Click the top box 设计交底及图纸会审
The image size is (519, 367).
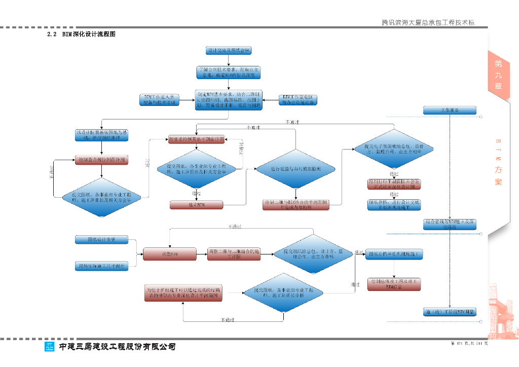coord(229,51)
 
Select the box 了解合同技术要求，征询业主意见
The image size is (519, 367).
coord(229,72)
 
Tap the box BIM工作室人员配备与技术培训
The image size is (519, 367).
coord(160,100)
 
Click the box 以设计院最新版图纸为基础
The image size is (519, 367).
coord(102,135)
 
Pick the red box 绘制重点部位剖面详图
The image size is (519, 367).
coord(102,160)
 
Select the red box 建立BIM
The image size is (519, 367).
coord(197,205)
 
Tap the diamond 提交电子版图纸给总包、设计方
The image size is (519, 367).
coord(394,149)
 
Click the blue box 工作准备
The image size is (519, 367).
coord(450,111)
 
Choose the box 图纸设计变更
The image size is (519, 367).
coord(101,239)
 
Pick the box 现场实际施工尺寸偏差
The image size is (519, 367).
coord(101,265)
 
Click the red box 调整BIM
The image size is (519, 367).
coord(169,253)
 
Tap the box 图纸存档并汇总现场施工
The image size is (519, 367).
coord(394,253)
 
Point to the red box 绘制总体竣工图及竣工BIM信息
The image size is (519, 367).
coord(394,284)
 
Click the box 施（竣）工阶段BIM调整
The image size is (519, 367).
coord(450,312)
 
